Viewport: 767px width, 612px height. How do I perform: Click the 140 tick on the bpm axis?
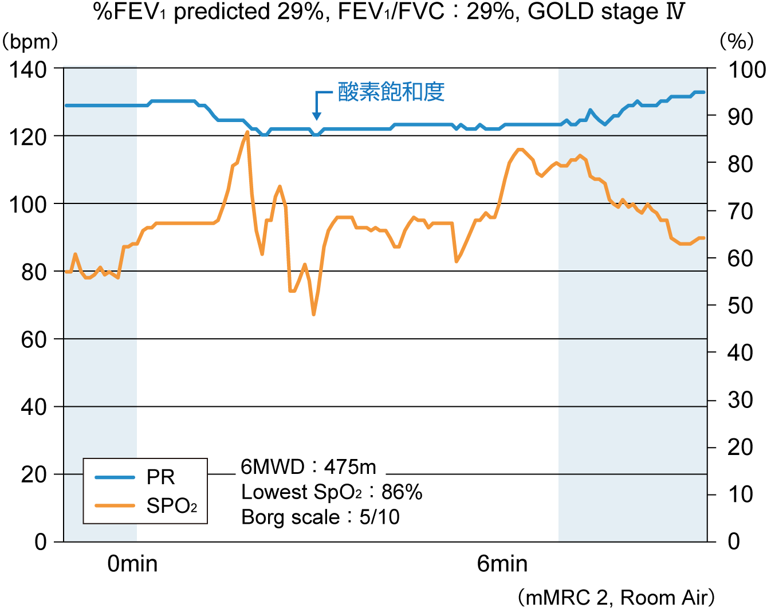click(x=27, y=70)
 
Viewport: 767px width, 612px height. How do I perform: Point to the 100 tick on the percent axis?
click(x=746, y=70)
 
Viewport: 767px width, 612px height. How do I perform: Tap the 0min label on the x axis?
click(x=132, y=564)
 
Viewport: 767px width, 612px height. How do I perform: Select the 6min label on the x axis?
click(x=502, y=564)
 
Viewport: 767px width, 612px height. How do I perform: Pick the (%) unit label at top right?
click(x=736, y=41)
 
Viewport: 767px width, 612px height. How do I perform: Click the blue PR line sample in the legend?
click(x=115, y=477)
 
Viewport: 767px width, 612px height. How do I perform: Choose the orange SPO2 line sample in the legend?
click(x=115, y=505)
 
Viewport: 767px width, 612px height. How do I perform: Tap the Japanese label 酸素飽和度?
click(x=391, y=92)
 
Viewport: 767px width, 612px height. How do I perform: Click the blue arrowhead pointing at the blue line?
click(x=316, y=114)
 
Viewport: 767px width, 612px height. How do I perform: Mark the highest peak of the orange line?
click(x=247, y=132)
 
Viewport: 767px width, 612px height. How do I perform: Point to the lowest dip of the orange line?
click(x=313, y=314)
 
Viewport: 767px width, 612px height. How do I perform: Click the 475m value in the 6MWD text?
click(x=350, y=468)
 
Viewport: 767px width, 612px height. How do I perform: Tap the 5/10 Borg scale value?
click(x=379, y=517)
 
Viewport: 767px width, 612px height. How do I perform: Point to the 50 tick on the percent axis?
click(x=740, y=305)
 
